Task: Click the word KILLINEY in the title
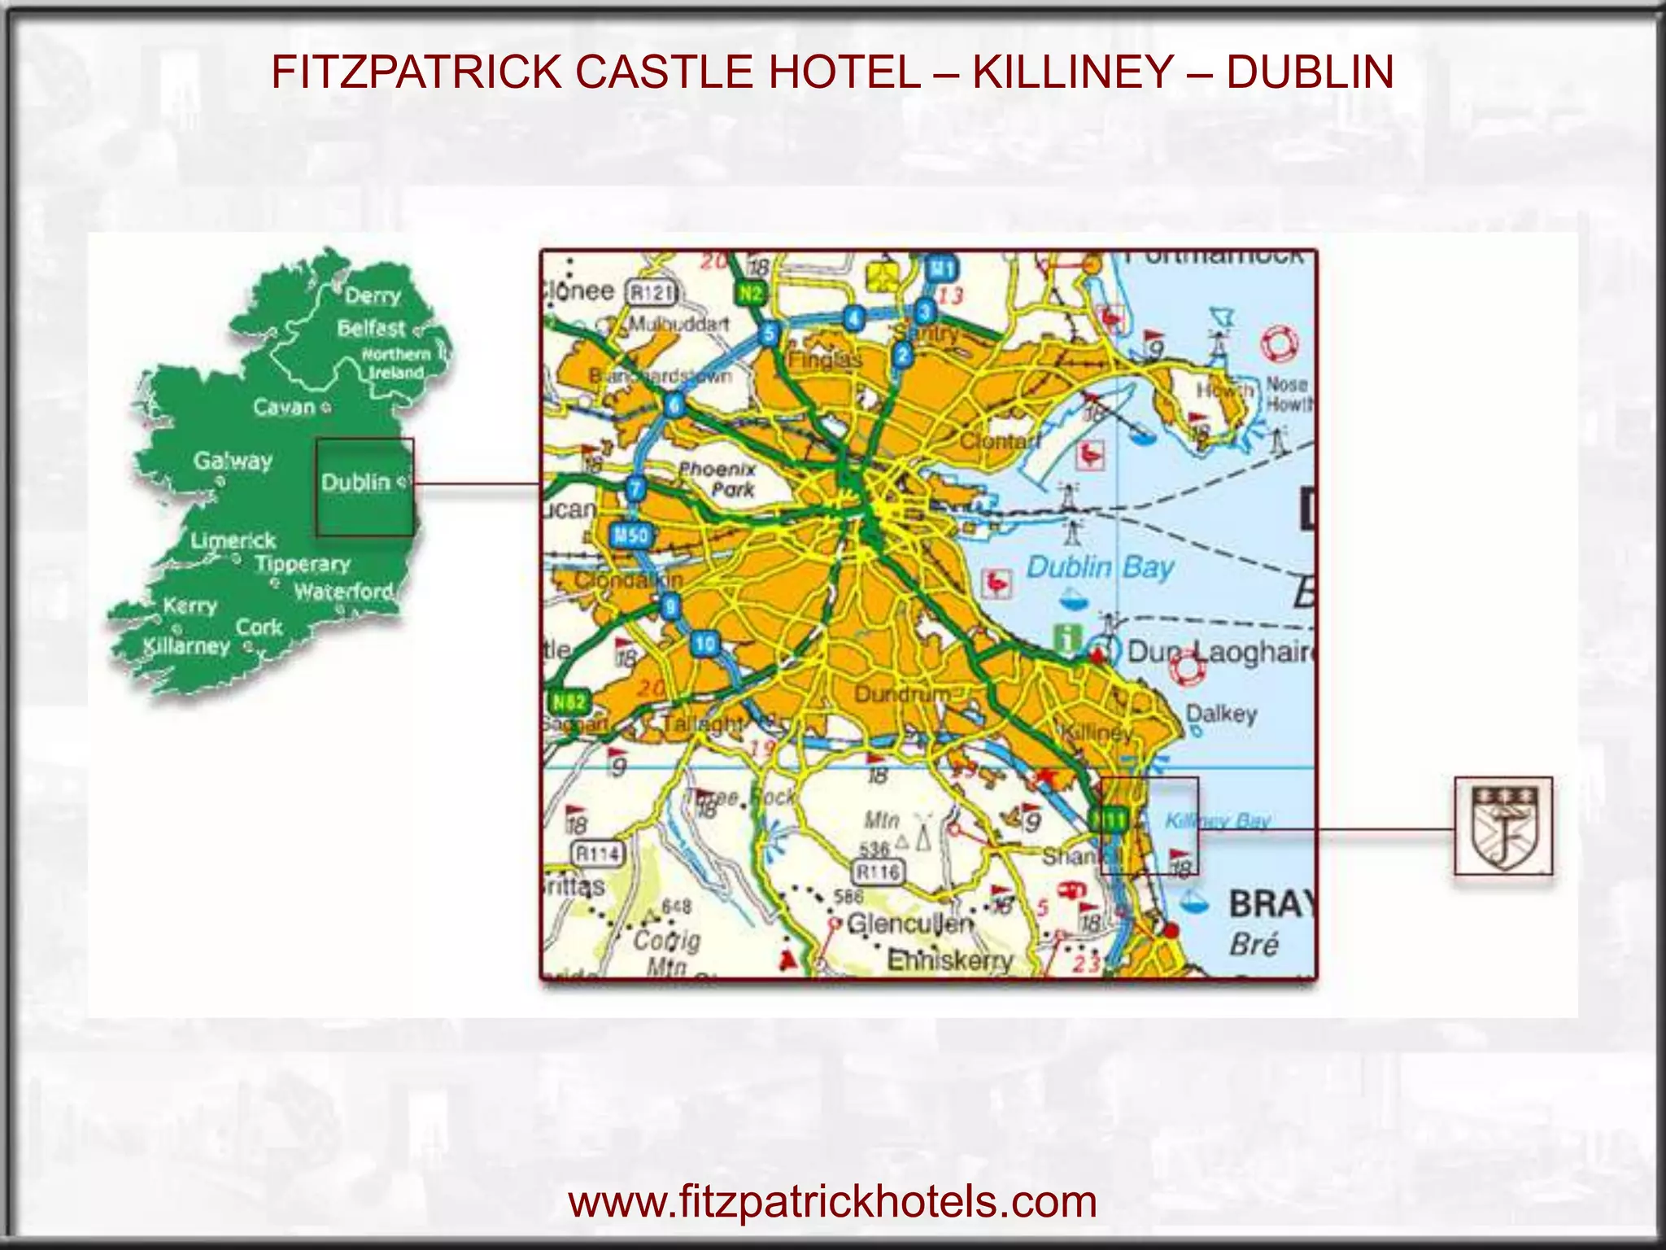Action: (1072, 72)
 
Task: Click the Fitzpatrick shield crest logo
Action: (1502, 825)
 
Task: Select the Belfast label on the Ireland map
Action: (371, 328)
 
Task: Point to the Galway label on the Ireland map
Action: (233, 461)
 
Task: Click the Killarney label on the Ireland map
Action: (186, 646)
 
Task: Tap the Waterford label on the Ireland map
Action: (343, 592)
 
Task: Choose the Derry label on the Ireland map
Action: (373, 295)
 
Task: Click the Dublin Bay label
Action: (1100, 567)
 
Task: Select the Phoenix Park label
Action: (717, 479)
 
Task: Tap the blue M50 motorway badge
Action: (630, 535)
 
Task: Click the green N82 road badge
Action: (568, 701)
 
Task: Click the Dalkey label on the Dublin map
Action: (1221, 714)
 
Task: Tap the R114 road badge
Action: (598, 854)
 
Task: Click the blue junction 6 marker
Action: (674, 404)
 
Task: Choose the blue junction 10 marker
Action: (704, 644)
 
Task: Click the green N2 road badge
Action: (750, 293)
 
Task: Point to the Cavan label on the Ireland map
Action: (284, 407)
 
